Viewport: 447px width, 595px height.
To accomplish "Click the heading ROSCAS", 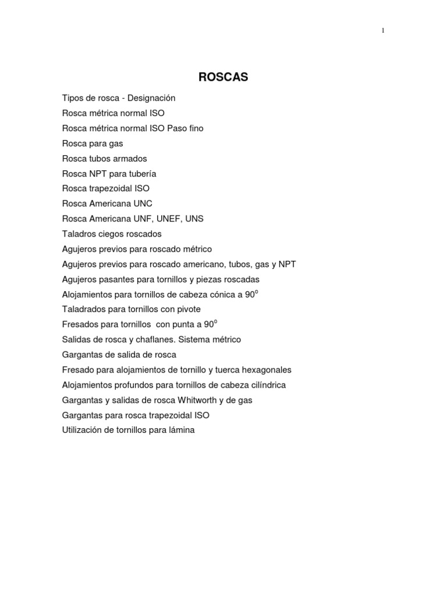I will [x=223, y=77].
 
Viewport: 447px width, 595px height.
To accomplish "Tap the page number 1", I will [x=383, y=31].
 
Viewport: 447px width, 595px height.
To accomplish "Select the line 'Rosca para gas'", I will [x=93, y=144].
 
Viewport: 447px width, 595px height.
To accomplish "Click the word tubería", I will [x=141, y=174].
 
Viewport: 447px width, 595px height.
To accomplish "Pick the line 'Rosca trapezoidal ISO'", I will [x=106, y=189].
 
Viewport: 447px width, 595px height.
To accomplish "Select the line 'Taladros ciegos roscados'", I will [x=112, y=234].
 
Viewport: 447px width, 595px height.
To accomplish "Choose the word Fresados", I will [x=79, y=325].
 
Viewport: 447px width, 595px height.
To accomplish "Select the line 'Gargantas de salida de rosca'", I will [x=119, y=355].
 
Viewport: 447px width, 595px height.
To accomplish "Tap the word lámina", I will [x=181, y=431].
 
